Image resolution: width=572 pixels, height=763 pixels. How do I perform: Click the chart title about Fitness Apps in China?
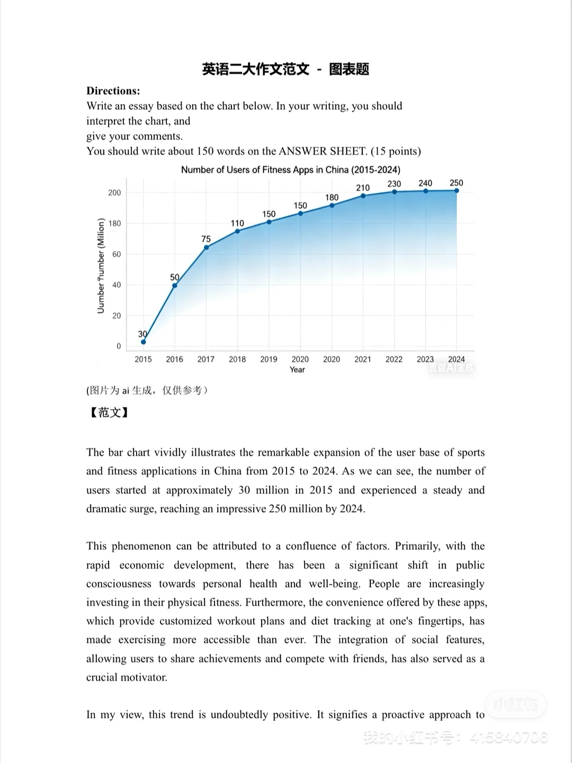(x=290, y=170)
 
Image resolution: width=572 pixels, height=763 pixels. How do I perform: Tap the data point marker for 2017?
(x=206, y=247)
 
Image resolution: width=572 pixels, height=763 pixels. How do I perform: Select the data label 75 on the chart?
(x=206, y=239)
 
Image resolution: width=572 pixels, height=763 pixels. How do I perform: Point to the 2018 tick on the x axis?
(x=237, y=359)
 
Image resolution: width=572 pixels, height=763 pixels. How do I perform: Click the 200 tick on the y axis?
(x=114, y=193)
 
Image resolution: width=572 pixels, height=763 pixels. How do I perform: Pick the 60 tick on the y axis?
(x=117, y=254)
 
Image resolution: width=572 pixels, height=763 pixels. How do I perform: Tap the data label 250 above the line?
(x=456, y=183)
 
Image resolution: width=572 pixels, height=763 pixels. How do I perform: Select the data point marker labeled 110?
(x=237, y=231)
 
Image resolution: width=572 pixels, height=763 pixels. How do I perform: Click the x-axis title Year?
(x=297, y=370)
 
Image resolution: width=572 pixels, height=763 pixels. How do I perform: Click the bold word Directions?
(x=113, y=91)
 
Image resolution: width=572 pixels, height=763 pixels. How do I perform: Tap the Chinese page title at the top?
(x=285, y=69)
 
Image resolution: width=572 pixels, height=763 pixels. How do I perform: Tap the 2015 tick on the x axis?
(x=143, y=359)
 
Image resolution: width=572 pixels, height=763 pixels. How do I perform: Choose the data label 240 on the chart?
(x=425, y=183)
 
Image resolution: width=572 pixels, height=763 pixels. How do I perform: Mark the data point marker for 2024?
(x=457, y=191)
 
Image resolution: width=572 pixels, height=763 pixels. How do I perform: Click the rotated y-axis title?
(x=101, y=265)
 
